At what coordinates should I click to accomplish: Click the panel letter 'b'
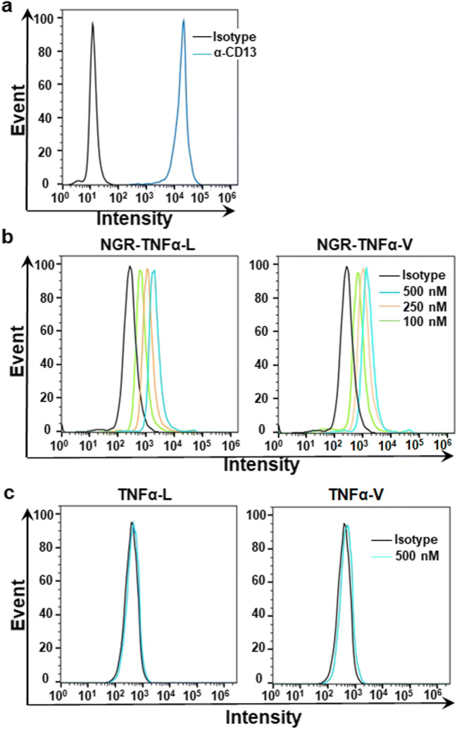9,238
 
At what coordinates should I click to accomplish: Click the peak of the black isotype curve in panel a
92,23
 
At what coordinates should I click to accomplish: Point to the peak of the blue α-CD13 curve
183,20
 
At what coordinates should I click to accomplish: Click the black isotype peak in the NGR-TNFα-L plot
130,267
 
